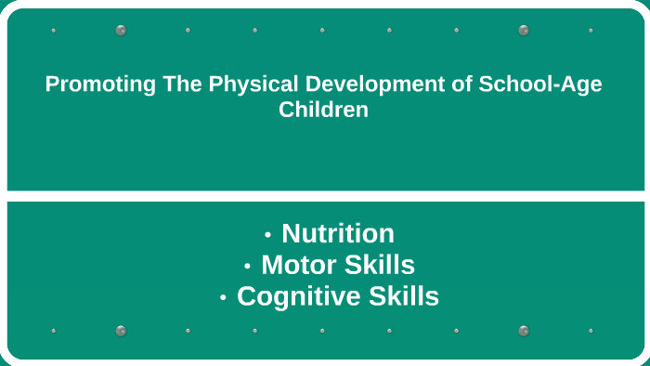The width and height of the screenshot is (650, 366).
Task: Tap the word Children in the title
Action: click(324, 110)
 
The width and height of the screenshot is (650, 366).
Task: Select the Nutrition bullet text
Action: click(338, 233)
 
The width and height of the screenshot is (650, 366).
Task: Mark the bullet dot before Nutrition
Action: click(268, 235)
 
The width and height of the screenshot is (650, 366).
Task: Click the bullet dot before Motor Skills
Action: click(248, 267)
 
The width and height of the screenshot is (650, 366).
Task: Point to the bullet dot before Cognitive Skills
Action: click(224, 298)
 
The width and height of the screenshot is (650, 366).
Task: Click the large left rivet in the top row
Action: click(121, 30)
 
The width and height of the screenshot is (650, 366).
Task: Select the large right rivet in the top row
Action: click(524, 30)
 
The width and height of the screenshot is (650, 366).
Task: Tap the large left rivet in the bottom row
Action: click(121, 331)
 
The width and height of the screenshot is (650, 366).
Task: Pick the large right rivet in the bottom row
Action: click(524, 331)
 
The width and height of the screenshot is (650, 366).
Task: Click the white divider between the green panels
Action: click(325, 196)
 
